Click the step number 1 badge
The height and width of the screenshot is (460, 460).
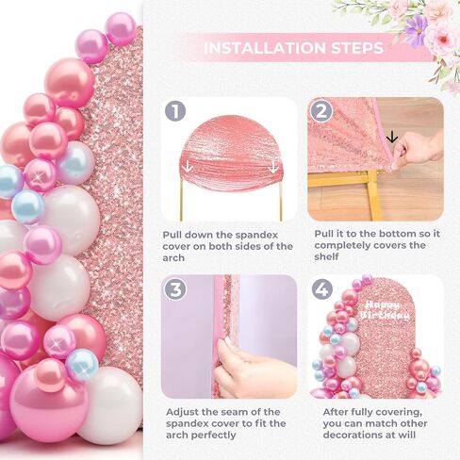[175, 110]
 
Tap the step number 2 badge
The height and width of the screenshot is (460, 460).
[321, 111]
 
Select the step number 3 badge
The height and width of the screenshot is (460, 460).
[175, 288]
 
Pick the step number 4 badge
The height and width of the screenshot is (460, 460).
[322, 289]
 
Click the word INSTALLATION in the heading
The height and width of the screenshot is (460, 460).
[265, 48]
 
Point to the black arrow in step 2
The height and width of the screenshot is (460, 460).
[392, 137]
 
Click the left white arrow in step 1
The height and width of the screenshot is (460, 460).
[188, 166]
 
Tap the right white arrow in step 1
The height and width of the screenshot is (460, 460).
[273, 167]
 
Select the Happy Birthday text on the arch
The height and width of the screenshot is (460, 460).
[385, 310]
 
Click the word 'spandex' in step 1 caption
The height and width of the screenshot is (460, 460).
[256, 235]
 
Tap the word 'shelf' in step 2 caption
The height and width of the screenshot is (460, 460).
[326, 256]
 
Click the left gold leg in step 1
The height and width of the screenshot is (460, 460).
[181, 201]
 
